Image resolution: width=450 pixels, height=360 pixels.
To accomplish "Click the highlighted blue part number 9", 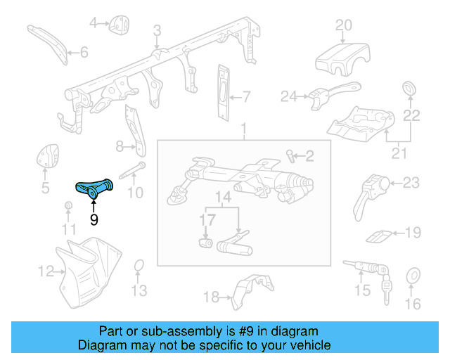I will tap(93, 189).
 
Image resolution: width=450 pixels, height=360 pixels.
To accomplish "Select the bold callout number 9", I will tap(94, 220).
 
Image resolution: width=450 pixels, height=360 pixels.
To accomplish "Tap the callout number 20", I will tap(343, 26).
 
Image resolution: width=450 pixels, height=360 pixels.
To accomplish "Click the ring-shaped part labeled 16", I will tap(413, 275).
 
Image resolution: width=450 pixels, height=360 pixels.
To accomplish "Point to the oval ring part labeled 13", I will tap(139, 266).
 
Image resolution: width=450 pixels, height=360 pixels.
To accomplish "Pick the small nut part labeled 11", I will tap(69, 205).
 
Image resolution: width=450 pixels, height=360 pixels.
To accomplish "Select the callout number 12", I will tap(46, 270).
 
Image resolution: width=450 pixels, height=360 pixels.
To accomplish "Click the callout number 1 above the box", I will tap(243, 129).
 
